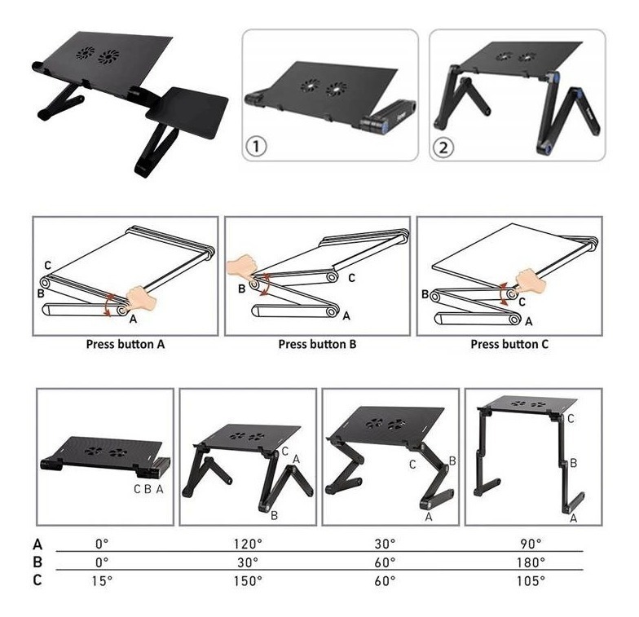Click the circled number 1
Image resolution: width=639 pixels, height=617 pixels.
point(256,146)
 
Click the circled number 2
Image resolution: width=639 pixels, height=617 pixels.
point(443,147)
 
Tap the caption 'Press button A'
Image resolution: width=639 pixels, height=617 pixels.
point(126,344)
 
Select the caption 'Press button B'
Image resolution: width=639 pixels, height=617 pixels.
point(318,344)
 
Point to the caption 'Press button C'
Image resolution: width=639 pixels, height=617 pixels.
point(509,344)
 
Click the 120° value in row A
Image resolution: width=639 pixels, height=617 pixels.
point(248,544)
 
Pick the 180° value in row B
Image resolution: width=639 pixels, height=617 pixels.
point(531,562)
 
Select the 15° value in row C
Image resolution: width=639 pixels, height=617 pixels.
point(102,580)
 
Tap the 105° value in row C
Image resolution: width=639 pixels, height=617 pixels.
point(531,580)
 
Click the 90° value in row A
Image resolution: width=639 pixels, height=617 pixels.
point(531,544)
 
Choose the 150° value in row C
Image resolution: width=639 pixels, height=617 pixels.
point(248,580)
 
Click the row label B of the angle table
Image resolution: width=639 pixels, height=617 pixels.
point(37,562)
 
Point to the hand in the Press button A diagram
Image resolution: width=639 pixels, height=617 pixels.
point(141,300)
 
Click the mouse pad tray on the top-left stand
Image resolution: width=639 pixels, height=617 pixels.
point(187,111)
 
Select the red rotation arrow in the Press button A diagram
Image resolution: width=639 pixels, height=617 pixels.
point(108,303)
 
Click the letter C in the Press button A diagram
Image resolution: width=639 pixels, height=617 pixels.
point(47,266)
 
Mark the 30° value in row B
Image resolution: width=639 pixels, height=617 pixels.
point(248,562)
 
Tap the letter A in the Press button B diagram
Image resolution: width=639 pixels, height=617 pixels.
point(346,316)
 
